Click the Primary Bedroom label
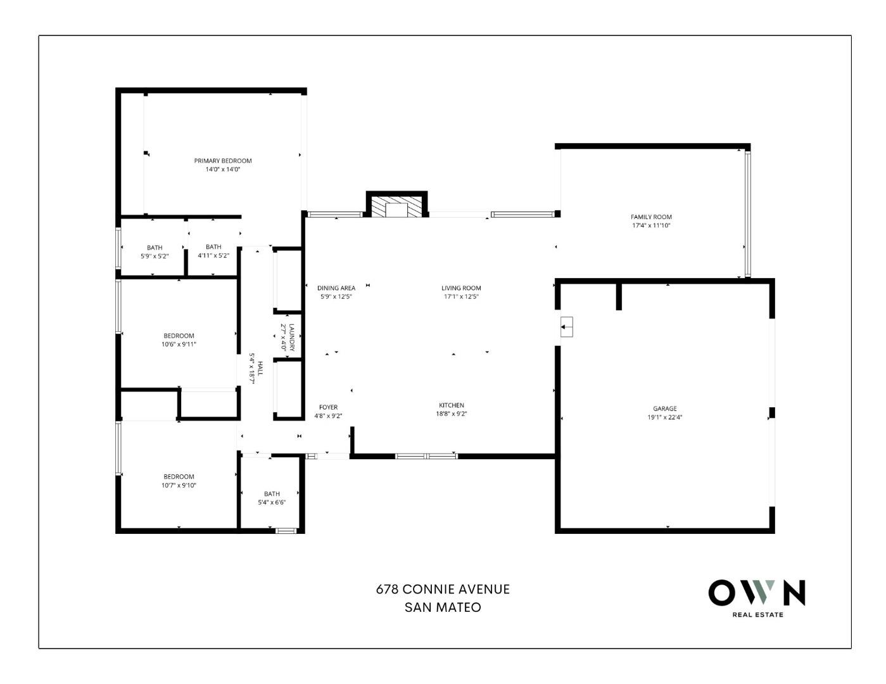pyautogui.click(x=222, y=161)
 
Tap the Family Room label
pyautogui.click(x=651, y=217)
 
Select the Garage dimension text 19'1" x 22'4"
pyautogui.click(x=664, y=417)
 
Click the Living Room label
pyautogui.click(x=461, y=288)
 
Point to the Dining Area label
pyautogui.click(x=336, y=288)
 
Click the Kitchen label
pyautogui.click(x=452, y=405)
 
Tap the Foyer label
pyautogui.click(x=328, y=407)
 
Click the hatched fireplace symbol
pyautogui.click(x=397, y=207)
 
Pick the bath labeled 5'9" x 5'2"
pyautogui.click(x=155, y=248)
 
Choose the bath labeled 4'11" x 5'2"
pyautogui.click(x=213, y=247)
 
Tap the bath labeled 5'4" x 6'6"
pyautogui.click(x=272, y=494)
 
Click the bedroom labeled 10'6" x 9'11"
pyautogui.click(x=179, y=336)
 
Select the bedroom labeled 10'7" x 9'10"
pyautogui.click(x=179, y=477)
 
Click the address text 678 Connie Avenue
pyautogui.click(x=443, y=589)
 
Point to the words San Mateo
pyautogui.click(x=443, y=607)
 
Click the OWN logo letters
pyautogui.click(x=757, y=593)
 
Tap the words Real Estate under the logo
pyautogui.click(x=757, y=614)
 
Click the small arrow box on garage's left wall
pyautogui.click(x=566, y=327)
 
